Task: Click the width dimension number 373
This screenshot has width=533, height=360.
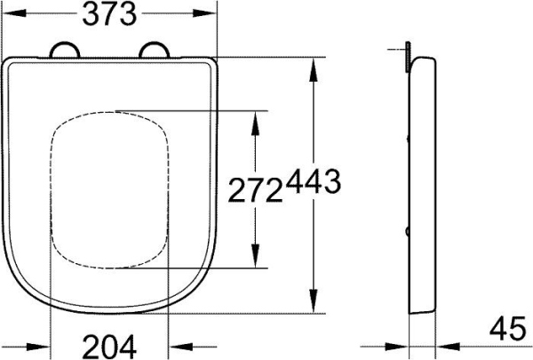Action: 111,15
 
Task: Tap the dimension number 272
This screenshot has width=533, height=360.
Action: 256,189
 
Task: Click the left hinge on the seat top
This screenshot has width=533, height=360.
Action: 65,51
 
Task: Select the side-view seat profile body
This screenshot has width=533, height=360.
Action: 421,187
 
